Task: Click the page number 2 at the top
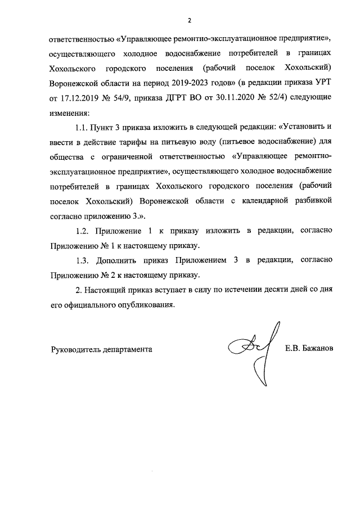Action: coord(190,21)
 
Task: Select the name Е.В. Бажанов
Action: coord(309,349)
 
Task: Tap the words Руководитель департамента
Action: coord(101,349)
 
